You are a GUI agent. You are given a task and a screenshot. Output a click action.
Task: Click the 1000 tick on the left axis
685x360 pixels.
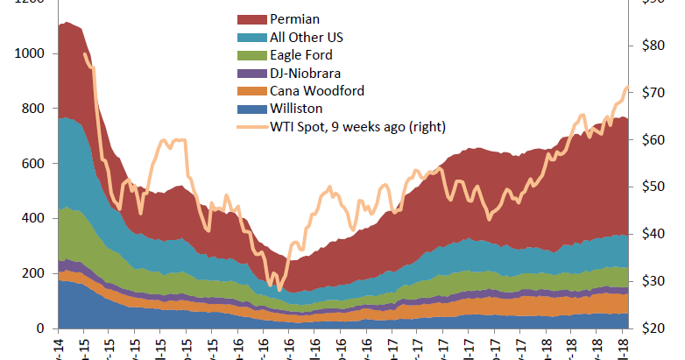29,53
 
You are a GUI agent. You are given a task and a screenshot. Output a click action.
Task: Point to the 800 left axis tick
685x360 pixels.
32,109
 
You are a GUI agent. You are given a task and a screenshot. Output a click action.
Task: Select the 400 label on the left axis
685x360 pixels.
32,219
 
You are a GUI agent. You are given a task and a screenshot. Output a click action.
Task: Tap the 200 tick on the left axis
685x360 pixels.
32,273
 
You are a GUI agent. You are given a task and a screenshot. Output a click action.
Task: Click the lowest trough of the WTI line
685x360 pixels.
279,290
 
